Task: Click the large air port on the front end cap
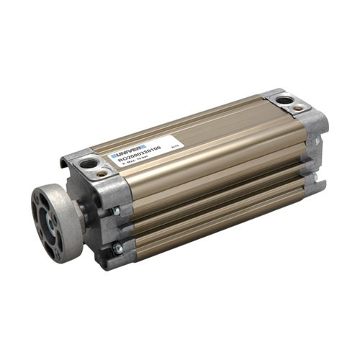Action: click(x=89, y=163)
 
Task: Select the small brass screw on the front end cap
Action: click(x=104, y=174)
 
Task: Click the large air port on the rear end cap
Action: click(x=285, y=100)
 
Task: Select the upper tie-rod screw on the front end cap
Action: click(x=115, y=212)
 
